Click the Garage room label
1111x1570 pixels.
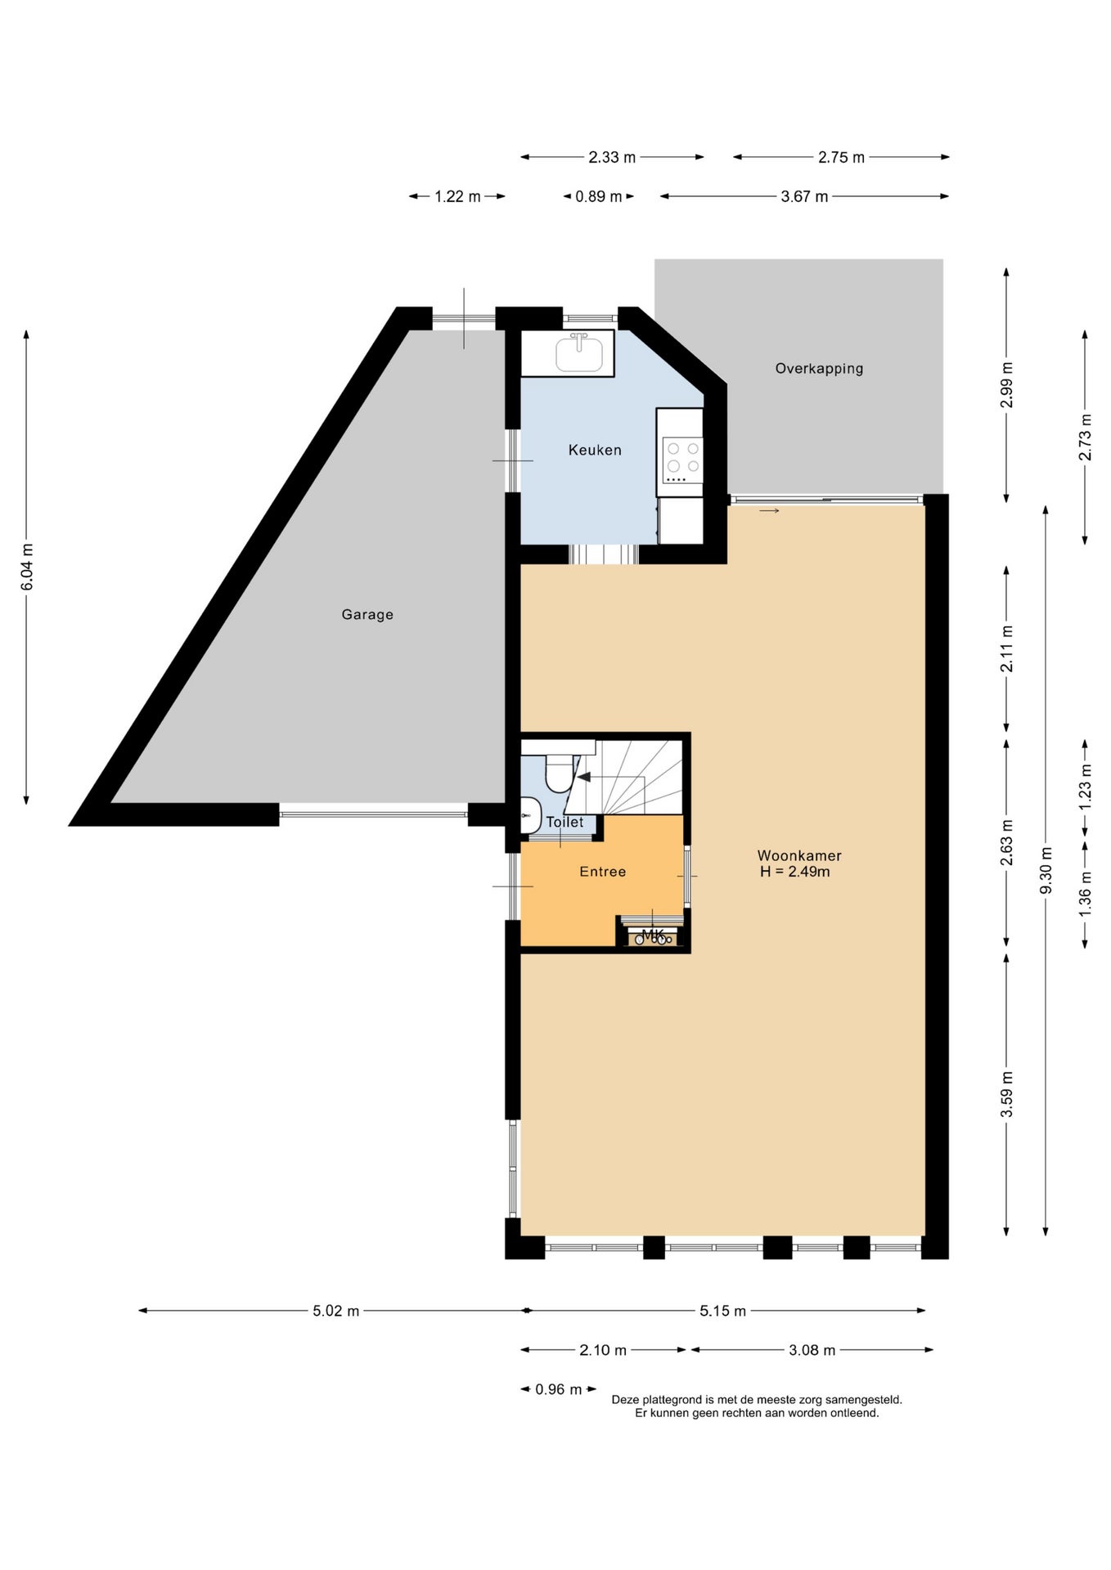[367, 614]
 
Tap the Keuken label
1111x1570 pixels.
[595, 450]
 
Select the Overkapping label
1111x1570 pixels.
[819, 368]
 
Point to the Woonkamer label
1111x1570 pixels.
[799, 855]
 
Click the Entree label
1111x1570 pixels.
[603, 872]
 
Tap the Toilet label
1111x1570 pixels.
[564, 822]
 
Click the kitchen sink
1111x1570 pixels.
[579, 353]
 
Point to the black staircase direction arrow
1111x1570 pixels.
[584, 777]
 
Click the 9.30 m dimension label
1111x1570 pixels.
[1046, 871]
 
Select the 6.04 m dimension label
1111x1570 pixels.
[27, 567]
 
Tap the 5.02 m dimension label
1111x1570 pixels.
[335, 1311]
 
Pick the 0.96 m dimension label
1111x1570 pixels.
[559, 1389]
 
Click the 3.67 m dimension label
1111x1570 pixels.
[804, 196]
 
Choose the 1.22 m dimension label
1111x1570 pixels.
[457, 196]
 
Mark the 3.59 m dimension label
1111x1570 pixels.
[1007, 1094]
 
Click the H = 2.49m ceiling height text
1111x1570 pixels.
[795, 872]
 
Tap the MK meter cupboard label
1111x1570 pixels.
[653, 934]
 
